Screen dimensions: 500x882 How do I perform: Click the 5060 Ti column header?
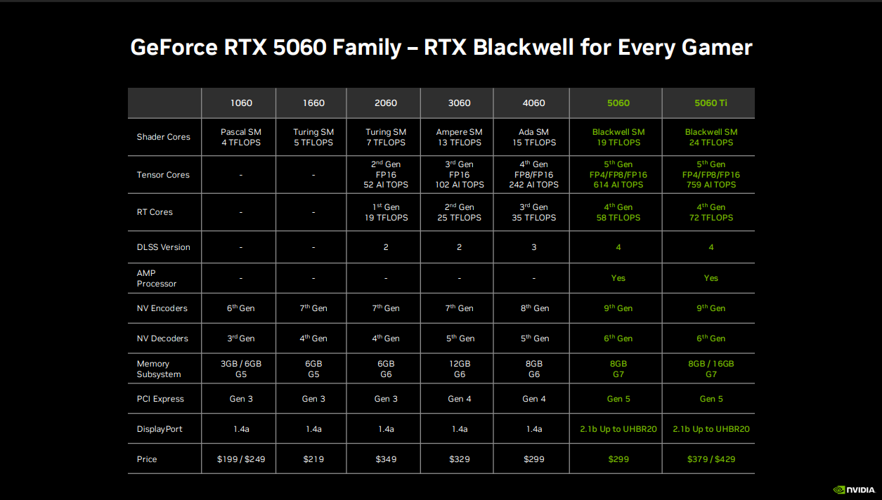coord(711,103)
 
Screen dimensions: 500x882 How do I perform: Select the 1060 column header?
coord(241,103)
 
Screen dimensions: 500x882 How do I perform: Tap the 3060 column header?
coord(459,103)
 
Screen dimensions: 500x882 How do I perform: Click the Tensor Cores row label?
coord(163,175)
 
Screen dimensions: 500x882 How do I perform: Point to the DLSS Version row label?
coord(163,247)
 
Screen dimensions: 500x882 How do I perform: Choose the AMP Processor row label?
coord(157,278)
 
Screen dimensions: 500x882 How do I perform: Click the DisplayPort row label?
coord(160,429)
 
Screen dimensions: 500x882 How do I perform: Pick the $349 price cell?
coord(386,459)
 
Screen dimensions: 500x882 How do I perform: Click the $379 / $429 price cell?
coord(711,459)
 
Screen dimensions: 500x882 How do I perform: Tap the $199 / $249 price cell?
coord(241,459)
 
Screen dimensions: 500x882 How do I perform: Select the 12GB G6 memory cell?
coord(459,369)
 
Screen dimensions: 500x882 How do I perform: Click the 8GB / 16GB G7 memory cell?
coord(711,369)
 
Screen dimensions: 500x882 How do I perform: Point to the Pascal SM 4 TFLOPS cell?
coord(241,137)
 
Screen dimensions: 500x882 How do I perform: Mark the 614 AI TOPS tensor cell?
coord(618,185)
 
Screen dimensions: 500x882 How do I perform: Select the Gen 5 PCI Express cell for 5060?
coord(618,399)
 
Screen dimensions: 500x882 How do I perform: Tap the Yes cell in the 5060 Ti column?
coord(711,278)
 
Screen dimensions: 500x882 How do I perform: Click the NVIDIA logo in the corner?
coord(853,489)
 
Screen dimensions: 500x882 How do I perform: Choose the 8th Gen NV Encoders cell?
coord(534,308)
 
